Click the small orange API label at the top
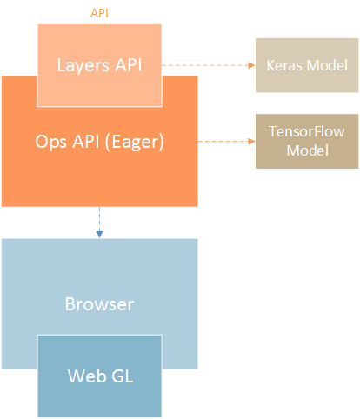(x=99, y=14)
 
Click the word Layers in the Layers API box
(x=80, y=65)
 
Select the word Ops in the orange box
(x=51, y=140)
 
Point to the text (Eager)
(x=137, y=140)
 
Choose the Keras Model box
(x=306, y=65)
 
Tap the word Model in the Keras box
(x=326, y=65)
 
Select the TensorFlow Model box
(x=306, y=141)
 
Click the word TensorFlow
(x=306, y=133)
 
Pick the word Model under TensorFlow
(x=306, y=150)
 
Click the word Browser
(x=99, y=304)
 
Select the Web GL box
(x=99, y=376)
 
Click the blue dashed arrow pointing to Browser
(x=99, y=222)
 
